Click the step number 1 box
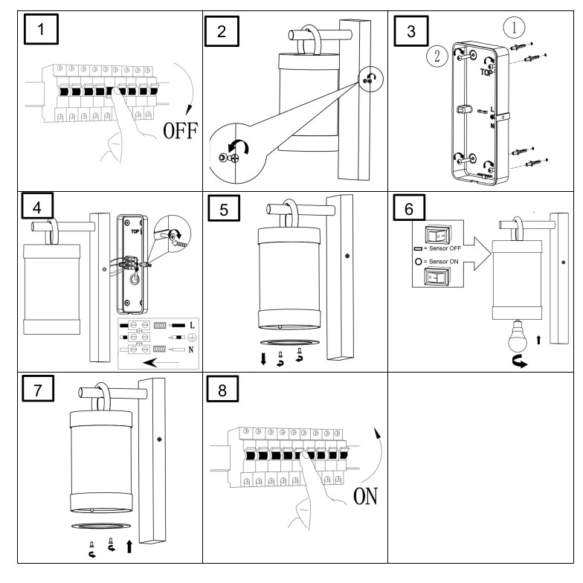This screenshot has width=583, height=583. coord(41,29)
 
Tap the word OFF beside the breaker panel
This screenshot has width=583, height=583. coord(181,130)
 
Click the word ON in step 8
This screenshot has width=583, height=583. coord(366,496)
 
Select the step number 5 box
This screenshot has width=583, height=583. coord(224,208)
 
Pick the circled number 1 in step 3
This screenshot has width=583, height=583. coord(515,27)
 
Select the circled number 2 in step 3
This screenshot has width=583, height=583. coord(437,57)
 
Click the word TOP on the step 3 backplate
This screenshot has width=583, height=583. coord(486,72)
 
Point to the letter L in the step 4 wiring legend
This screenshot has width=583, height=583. coord(192,326)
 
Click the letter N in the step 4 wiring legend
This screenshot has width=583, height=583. coord(191,350)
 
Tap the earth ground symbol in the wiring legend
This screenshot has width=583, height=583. coord(192,338)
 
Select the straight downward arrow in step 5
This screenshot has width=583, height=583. coord(263,358)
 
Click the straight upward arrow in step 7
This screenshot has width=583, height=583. coord(129,547)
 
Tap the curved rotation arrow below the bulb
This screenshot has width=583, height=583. coord(520,361)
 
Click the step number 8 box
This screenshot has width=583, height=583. coord(222,390)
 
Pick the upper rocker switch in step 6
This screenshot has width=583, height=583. coord(437,235)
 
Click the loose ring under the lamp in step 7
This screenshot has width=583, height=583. coord(101,526)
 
